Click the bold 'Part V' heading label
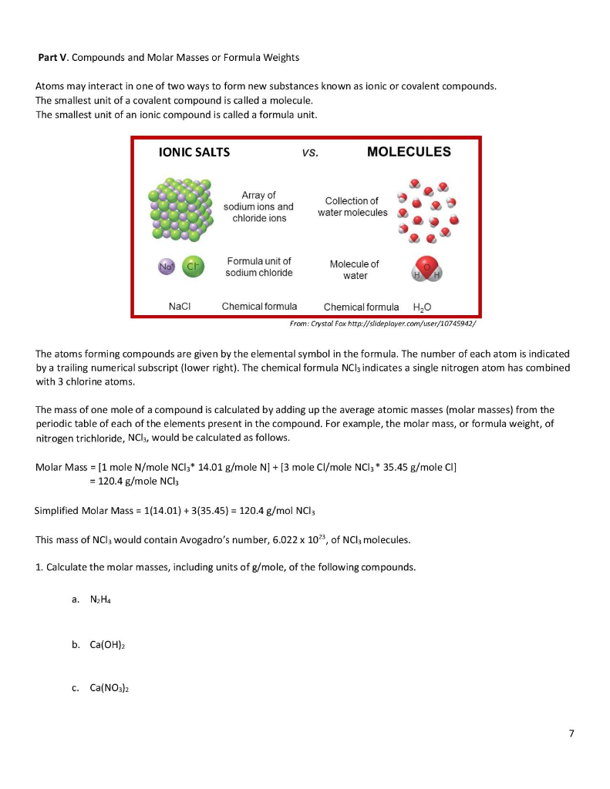click(x=52, y=58)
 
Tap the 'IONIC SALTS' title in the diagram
click(x=194, y=153)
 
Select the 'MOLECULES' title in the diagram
click(x=409, y=152)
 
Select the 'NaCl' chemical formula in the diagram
click(x=179, y=306)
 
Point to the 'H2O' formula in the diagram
click(x=424, y=307)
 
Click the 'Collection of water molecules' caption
click(x=352, y=206)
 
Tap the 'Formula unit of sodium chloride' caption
click(x=258, y=267)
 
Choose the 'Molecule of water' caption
click(x=354, y=270)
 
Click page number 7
click(x=571, y=734)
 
